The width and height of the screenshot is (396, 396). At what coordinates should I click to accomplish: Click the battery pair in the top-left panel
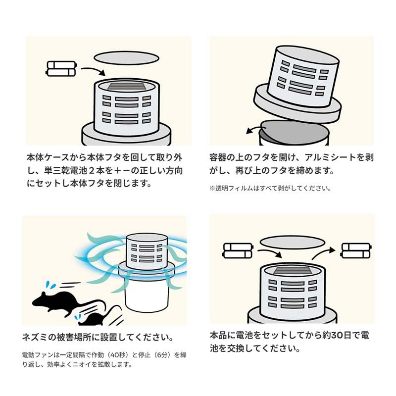(61, 69)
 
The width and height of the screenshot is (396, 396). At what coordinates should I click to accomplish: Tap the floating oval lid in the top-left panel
(124, 58)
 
